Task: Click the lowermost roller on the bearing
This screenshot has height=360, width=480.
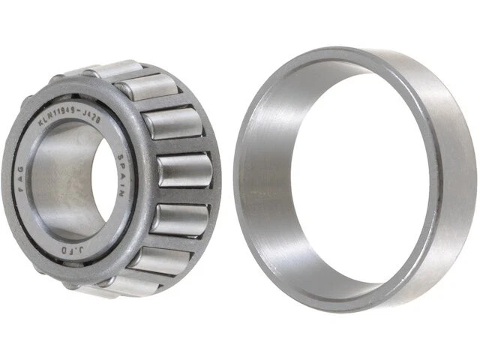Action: click(112, 283)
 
